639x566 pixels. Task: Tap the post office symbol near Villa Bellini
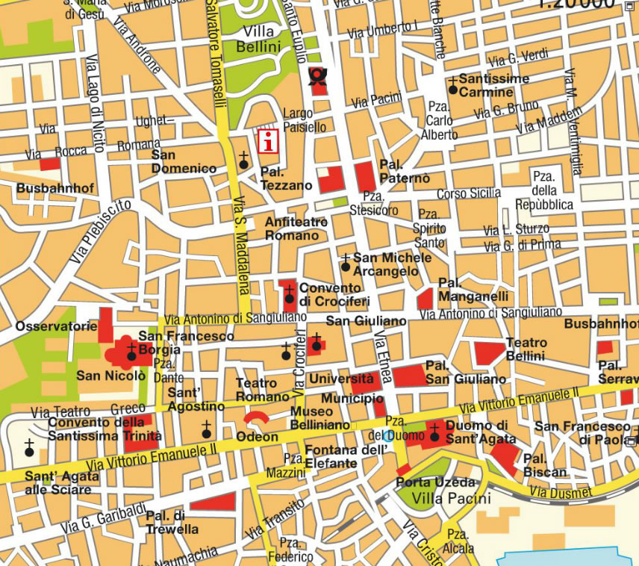(319, 77)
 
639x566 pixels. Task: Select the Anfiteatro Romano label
(296, 228)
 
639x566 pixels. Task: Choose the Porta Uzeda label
(435, 482)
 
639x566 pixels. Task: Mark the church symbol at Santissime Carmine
(452, 89)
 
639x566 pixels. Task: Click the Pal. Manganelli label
(473, 290)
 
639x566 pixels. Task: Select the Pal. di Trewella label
(172, 523)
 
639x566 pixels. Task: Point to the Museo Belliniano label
(319, 418)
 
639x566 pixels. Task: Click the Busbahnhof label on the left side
(55, 188)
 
